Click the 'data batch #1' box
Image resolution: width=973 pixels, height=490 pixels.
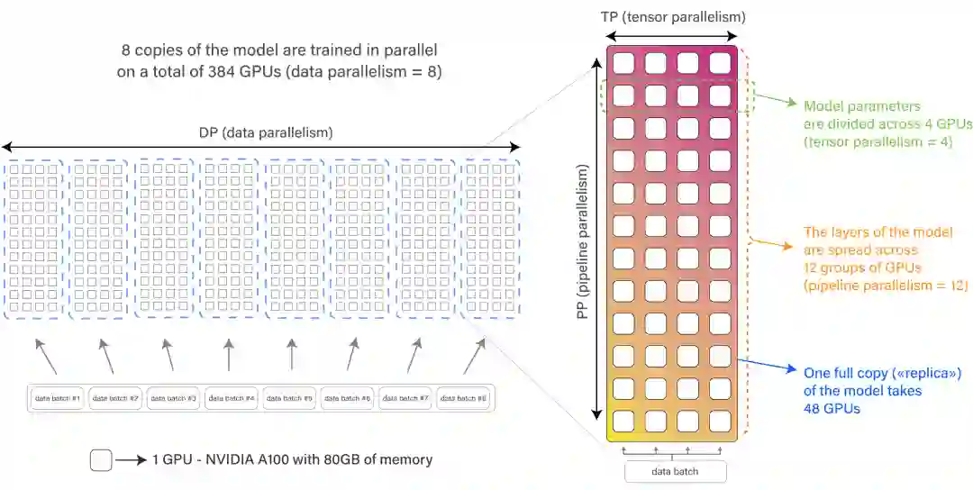58,398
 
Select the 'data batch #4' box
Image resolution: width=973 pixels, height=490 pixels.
232,398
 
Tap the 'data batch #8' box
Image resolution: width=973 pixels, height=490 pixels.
464,398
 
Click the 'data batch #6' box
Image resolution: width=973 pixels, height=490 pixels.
349,398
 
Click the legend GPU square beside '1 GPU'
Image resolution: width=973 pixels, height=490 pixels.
101,460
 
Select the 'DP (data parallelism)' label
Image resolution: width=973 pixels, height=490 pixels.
266,132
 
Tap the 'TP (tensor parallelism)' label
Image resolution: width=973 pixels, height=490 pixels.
673,17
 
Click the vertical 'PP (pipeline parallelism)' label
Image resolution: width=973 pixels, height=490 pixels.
583,241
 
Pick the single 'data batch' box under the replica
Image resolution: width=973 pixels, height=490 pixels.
675,471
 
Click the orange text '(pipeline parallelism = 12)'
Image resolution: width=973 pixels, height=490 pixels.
885,286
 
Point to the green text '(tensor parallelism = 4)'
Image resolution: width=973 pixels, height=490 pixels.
877,141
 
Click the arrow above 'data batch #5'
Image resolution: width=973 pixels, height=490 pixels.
291,354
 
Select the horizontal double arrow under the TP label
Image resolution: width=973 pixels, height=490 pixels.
673,36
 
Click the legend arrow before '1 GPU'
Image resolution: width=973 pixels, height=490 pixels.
131,460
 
